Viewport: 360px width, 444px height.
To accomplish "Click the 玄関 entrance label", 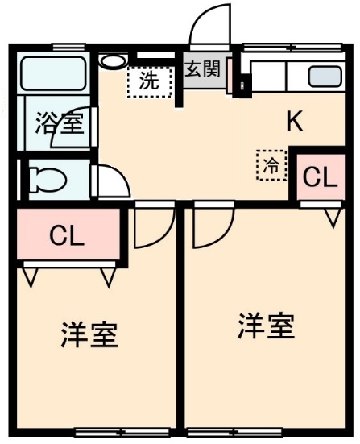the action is tap(202, 69).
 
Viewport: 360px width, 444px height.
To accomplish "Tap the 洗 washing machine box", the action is tap(150, 82).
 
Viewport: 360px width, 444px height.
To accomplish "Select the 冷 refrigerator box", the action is tap(271, 165).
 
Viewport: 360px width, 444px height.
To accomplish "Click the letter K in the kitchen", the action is tap(295, 121).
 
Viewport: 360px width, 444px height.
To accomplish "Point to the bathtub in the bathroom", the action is tap(53, 73).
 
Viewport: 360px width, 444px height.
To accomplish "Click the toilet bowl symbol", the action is tap(48, 180).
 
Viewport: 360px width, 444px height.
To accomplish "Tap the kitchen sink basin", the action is tap(325, 77).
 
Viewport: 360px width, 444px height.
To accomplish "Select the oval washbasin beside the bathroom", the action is tap(113, 61).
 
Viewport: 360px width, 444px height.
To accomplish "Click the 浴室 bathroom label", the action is tap(60, 123).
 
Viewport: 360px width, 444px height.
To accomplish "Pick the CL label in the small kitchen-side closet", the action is tap(320, 177).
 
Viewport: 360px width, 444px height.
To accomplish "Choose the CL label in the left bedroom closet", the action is tap(67, 235).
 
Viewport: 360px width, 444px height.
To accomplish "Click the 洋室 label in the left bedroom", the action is tap(89, 334).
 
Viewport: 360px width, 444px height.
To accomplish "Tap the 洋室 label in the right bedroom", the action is tap(267, 326).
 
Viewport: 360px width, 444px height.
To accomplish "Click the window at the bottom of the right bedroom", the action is tap(236, 432).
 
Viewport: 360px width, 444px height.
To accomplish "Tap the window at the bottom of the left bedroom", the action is tap(122, 432).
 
